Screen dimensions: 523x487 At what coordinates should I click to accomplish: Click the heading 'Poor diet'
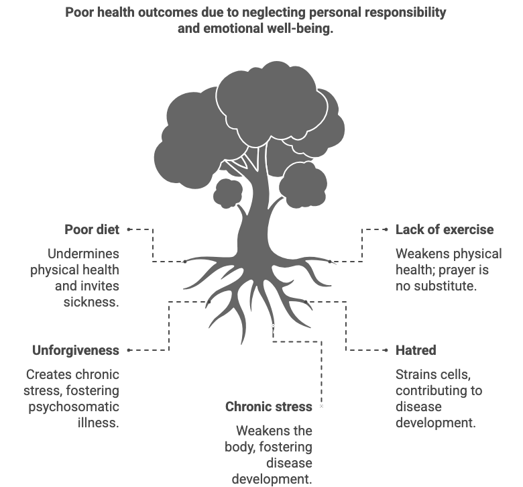point(92,229)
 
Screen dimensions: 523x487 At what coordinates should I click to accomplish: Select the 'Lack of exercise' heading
point(445,229)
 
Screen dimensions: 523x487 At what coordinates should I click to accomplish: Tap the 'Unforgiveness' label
point(76,350)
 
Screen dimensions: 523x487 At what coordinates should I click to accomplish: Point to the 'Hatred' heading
point(416,350)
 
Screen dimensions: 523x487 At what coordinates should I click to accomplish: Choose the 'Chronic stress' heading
point(269,407)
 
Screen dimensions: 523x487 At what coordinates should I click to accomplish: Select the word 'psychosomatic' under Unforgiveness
point(74,407)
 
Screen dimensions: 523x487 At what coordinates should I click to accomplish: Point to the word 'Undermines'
point(83,254)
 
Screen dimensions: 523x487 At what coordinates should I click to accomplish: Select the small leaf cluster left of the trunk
point(228,193)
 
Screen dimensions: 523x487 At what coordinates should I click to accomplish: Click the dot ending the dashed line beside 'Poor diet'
point(129,229)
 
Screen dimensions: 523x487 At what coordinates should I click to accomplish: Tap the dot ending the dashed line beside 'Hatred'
point(386,350)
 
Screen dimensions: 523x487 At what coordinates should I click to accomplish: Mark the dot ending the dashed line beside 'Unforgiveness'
point(129,350)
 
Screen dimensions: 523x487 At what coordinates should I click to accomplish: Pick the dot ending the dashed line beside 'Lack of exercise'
point(386,229)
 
